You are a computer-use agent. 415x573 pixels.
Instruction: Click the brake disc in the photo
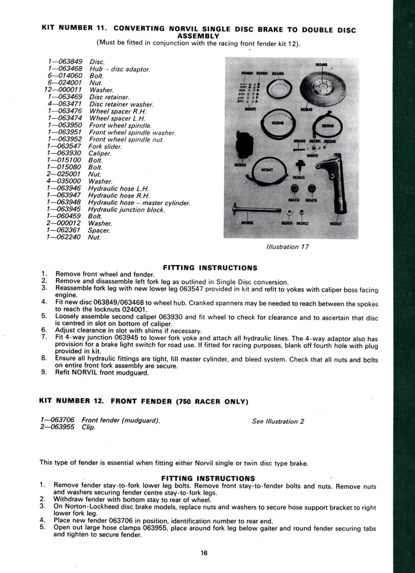coord(324,87)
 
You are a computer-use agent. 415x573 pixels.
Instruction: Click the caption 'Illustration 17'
coord(286,246)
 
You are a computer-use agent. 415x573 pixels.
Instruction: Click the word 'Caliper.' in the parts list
coord(100,153)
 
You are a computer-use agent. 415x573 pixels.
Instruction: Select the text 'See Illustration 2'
coord(278,421)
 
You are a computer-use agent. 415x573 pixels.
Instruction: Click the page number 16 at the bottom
coord(204,553)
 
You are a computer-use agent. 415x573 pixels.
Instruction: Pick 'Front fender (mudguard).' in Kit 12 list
coord(121,420)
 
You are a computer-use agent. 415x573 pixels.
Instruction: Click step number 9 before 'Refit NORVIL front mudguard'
coord(44,372)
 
